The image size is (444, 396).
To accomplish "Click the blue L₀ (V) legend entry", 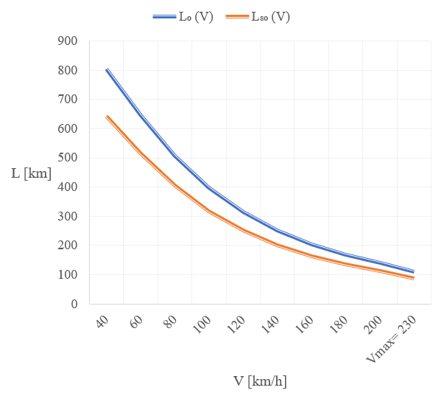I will click(x=183, y=17).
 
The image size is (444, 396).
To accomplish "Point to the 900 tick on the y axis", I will click(x=68, y=41).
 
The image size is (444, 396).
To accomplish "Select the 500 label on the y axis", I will click(x=68, y=158).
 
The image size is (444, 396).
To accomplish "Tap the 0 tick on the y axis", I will click(x=74, y=304).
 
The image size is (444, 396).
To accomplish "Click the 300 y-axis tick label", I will click(x=68, y=216).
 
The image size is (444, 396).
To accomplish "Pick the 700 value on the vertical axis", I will click(x=68, y=100).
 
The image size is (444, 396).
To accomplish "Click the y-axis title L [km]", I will click(x=31, y=173).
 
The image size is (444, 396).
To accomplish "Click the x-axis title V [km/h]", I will click(x=260, y=381).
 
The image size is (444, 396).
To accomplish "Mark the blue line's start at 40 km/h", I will click(x=107, y=69).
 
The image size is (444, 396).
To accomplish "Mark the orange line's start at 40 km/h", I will click(x=107, y=117).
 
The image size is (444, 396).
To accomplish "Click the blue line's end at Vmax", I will click(x=414, y=271).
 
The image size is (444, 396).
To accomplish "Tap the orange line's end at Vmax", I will click(x=414, y=278).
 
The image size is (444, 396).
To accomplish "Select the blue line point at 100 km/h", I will click(x=209, y=188).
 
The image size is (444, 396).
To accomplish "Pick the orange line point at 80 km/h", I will click(x=175, y=185).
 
